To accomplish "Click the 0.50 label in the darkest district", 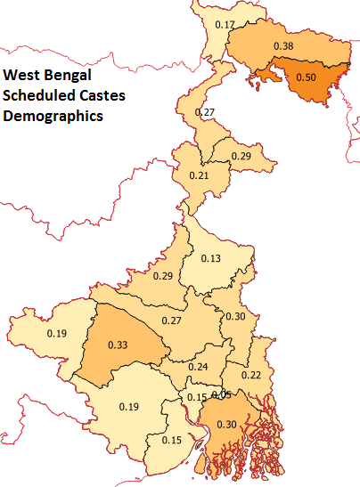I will [x=306, y=77].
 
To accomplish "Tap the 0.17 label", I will [x=226, y=24].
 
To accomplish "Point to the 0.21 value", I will [x=200, y=175].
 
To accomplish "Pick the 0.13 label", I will [x=211, y=258].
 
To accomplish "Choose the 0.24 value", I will [x=198, y=367].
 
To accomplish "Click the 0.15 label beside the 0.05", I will [x=196, y=397].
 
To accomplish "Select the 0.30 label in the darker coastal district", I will [x=227, y=425].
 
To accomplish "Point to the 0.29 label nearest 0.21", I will [x=241, y=156].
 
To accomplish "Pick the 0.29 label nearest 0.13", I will [x=163, y=276].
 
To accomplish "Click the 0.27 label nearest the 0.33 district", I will [x=171, y=320].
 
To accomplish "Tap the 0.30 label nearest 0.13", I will [x=236, y=316].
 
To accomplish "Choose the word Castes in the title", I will [x=97, y=97].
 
